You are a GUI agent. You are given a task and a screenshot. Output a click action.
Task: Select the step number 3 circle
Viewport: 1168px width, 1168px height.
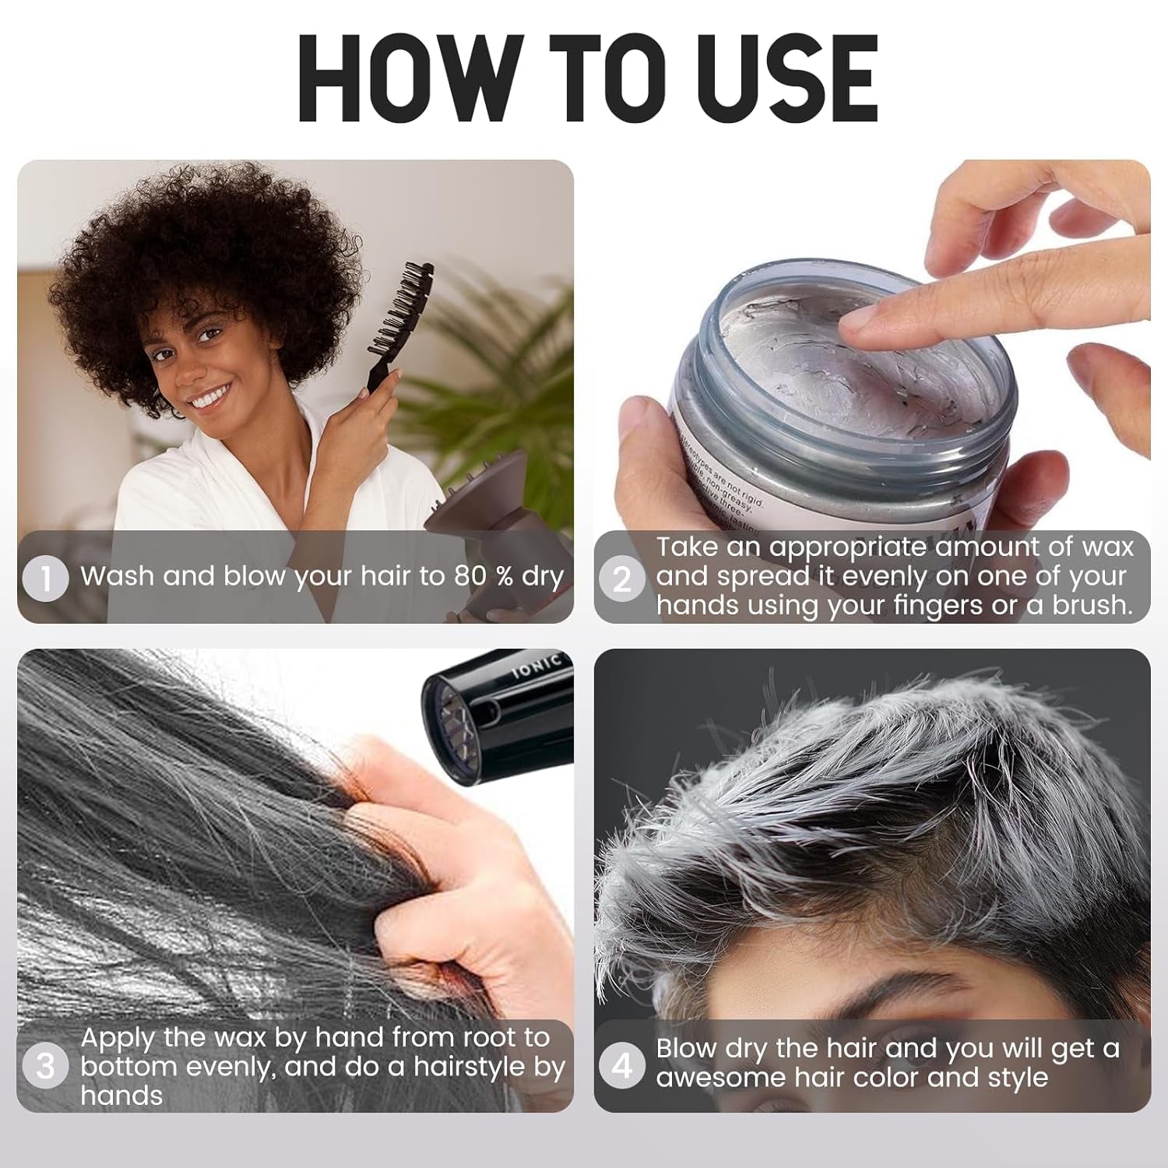click(x=46, y=1066)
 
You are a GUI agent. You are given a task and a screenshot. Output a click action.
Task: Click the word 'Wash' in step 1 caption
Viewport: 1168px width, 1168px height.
click(x=118, y=576)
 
